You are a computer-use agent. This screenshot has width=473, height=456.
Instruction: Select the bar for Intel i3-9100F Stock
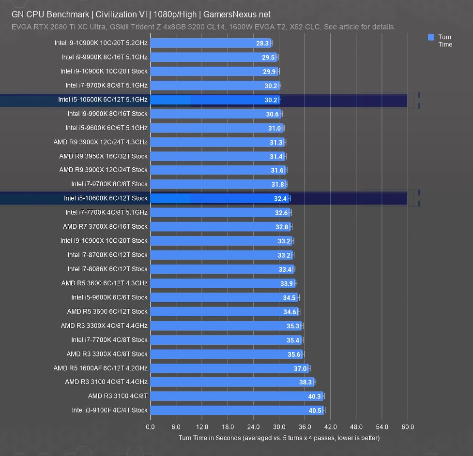237,410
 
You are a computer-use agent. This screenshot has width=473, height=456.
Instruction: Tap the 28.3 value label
262,43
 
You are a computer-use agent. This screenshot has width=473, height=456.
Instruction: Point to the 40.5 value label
315,411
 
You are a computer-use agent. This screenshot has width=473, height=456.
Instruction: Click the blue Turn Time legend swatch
431,37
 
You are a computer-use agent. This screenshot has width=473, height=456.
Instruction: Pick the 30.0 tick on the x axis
279,427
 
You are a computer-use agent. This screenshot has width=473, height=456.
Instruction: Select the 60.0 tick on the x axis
408,427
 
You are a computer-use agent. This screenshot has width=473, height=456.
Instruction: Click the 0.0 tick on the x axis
150,427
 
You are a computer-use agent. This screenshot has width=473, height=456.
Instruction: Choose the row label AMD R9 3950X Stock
103,156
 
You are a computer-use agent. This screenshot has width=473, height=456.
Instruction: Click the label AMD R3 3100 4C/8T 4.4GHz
106,382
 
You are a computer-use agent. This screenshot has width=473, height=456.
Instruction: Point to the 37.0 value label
300,368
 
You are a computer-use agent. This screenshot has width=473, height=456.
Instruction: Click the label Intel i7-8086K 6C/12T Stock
107,269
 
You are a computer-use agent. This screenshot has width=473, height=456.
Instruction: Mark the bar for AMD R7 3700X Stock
220,226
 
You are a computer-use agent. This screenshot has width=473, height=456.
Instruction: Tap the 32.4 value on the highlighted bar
280,199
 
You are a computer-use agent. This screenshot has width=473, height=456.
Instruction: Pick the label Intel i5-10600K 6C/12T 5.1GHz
103,100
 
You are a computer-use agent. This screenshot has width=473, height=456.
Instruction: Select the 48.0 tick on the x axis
356,427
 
